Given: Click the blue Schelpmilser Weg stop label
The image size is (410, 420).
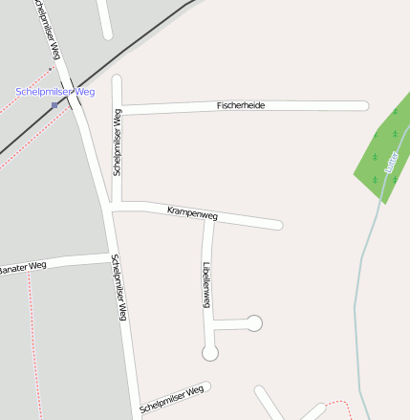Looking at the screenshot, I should click(55, 92).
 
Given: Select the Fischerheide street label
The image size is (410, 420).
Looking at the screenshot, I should click(241, 104).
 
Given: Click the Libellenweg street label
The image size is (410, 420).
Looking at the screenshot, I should click(205, 283).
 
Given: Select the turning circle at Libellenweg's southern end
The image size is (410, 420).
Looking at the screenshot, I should click(210, 353).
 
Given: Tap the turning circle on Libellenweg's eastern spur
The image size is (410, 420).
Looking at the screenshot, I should click(254, 322).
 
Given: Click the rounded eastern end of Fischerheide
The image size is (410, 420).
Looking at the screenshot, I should click(364, 105).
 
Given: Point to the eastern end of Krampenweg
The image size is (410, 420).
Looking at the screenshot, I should click(279, 226).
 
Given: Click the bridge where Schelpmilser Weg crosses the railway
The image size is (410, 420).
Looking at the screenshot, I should click(72, 93).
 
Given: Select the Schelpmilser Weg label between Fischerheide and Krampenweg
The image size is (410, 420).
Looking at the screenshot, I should click(117, 142).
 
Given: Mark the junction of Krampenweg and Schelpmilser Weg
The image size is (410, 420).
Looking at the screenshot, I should click(113, 206).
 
